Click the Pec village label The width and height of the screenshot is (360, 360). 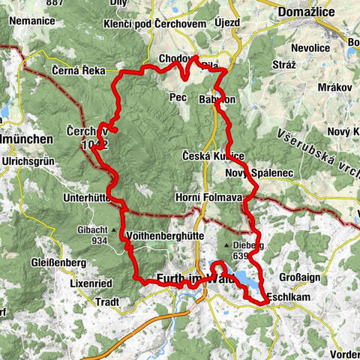pyautogui.click(x=178, y=97)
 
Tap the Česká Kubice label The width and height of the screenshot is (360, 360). pyautogui.click(x=214, y=155)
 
